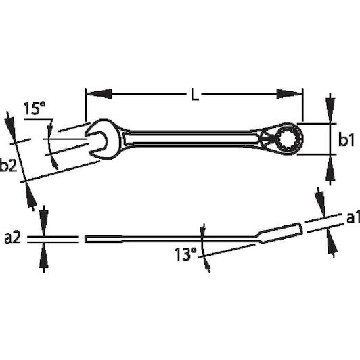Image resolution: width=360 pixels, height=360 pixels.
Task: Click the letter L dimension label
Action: [x=195, y=94]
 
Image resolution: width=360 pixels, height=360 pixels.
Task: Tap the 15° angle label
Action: [x=35, y=108]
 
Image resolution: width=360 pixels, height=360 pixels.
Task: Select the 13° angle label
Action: [x=185, y=254]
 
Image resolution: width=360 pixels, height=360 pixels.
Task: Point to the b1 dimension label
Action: [x=346, y=139]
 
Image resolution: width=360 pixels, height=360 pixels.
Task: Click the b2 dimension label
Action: [x=8, y=164]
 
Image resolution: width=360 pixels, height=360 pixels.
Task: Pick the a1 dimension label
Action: [x=353, y=218]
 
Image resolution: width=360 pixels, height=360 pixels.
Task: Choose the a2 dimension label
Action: [x=12, y=238]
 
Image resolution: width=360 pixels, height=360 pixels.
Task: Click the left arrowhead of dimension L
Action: [x=99, y=94]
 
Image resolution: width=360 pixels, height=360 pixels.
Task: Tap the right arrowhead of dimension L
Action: [x=290, y=94]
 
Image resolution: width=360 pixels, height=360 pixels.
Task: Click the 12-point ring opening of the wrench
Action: [x=286, y=139]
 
